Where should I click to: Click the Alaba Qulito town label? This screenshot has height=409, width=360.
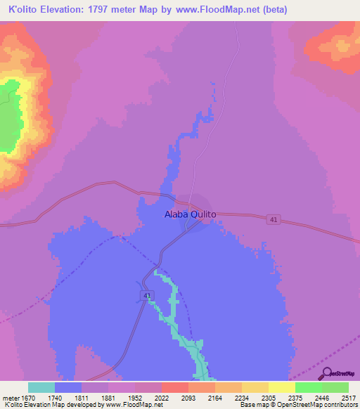pyautogui.click(x=190, y=214)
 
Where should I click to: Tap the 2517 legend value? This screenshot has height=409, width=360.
pyautogui.click(x=349, y=397)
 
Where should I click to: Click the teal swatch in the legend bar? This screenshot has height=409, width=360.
pyautogui.click(x=41, y=387)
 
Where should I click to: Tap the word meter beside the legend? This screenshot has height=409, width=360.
pyautogui.click(x=12, y=397)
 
